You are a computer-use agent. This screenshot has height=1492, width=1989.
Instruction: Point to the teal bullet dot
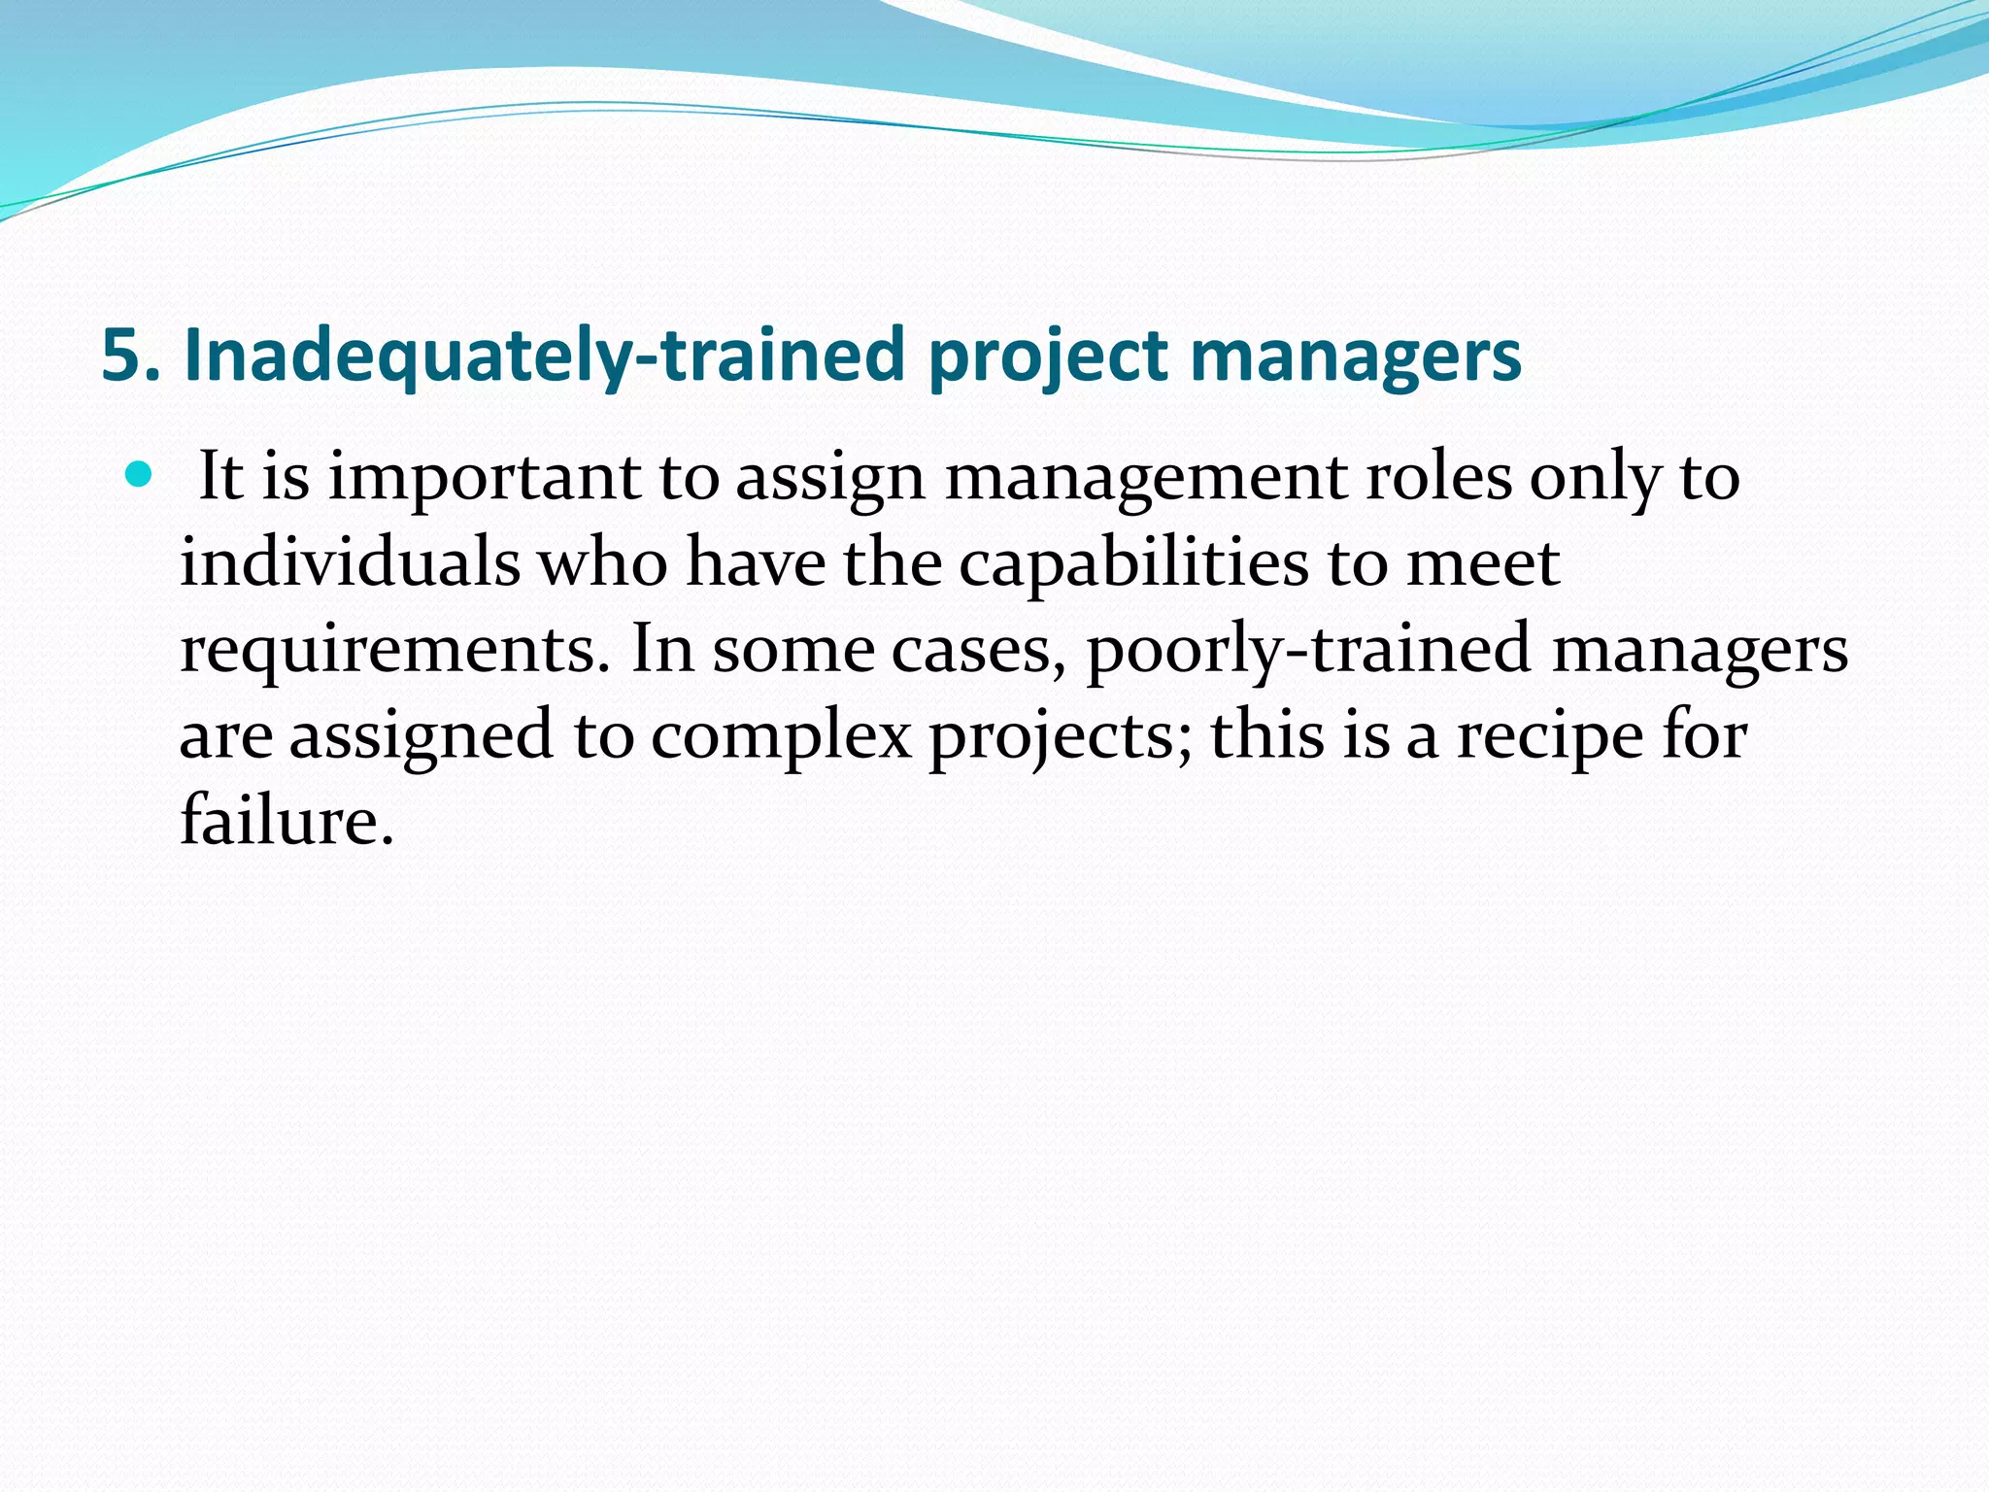click(x=140, y=475)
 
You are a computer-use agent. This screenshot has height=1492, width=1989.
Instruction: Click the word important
click(x=485, y=479)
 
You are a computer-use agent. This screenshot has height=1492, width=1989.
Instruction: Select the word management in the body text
click(x=1146, y=479)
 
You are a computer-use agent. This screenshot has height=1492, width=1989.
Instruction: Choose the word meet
click(x=1483, y=564)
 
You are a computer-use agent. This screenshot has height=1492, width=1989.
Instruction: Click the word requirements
click(x=388, y=651)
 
